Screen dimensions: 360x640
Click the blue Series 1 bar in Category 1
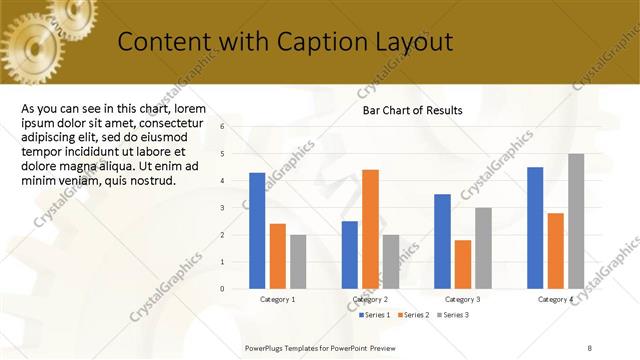(x=257, y=231)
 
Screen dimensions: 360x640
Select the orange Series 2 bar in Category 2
(x=370, y=229)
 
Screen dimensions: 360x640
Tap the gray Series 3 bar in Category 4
(x=576, y=221)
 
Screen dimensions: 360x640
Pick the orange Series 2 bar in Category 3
(x=462, y=264)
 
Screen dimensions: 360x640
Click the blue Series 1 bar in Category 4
(x=535, y=228)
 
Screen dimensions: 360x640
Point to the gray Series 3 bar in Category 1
(x=298, y=262)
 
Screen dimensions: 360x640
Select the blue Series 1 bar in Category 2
(x=349, y=255)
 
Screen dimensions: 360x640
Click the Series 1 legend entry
(x=375, y=315)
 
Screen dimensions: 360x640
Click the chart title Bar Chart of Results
(x=412, y=111)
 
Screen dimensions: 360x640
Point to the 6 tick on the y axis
(x=237, y=127)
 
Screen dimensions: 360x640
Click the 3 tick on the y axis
(x=237, y=208)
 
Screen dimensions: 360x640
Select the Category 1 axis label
(x=277, y=299)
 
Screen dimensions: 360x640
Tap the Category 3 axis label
(x=462, y=299)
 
